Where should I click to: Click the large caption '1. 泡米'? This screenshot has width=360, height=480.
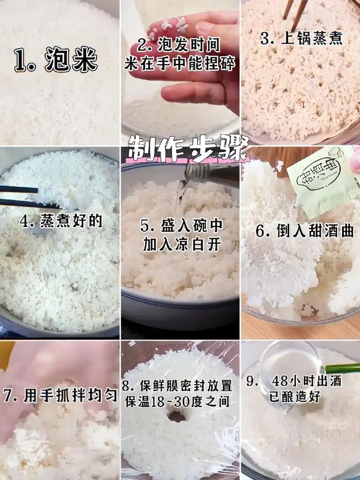(x=56, y=61)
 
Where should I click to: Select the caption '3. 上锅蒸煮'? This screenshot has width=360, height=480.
(x=301, y=38)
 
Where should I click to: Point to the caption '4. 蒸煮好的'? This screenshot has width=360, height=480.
(x=61, y=221)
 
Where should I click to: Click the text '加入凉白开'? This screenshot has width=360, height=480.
(x=183, y=244)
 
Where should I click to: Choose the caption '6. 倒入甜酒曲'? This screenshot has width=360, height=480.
(x=305, y=231)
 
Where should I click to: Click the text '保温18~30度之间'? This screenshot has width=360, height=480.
(x=177, y=400)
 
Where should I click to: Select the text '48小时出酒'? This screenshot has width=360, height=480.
(x=306, y=381)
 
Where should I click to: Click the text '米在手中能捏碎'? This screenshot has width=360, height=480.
(x=180, y=64)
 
